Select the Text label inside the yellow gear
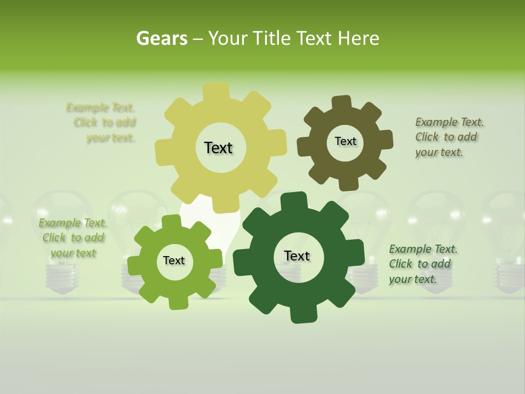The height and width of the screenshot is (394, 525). coord(218,148)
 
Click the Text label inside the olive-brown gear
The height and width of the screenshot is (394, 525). coord(345,141)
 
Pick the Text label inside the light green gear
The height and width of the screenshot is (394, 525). coord(173,260)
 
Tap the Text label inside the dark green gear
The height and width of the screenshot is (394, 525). coord(297,256)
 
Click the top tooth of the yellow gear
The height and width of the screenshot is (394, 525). coord(216,91)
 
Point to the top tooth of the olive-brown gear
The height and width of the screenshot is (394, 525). coord(341,102)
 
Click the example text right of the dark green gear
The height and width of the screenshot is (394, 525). coord(423,264)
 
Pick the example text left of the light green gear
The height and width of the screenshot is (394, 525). coord(73,237)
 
